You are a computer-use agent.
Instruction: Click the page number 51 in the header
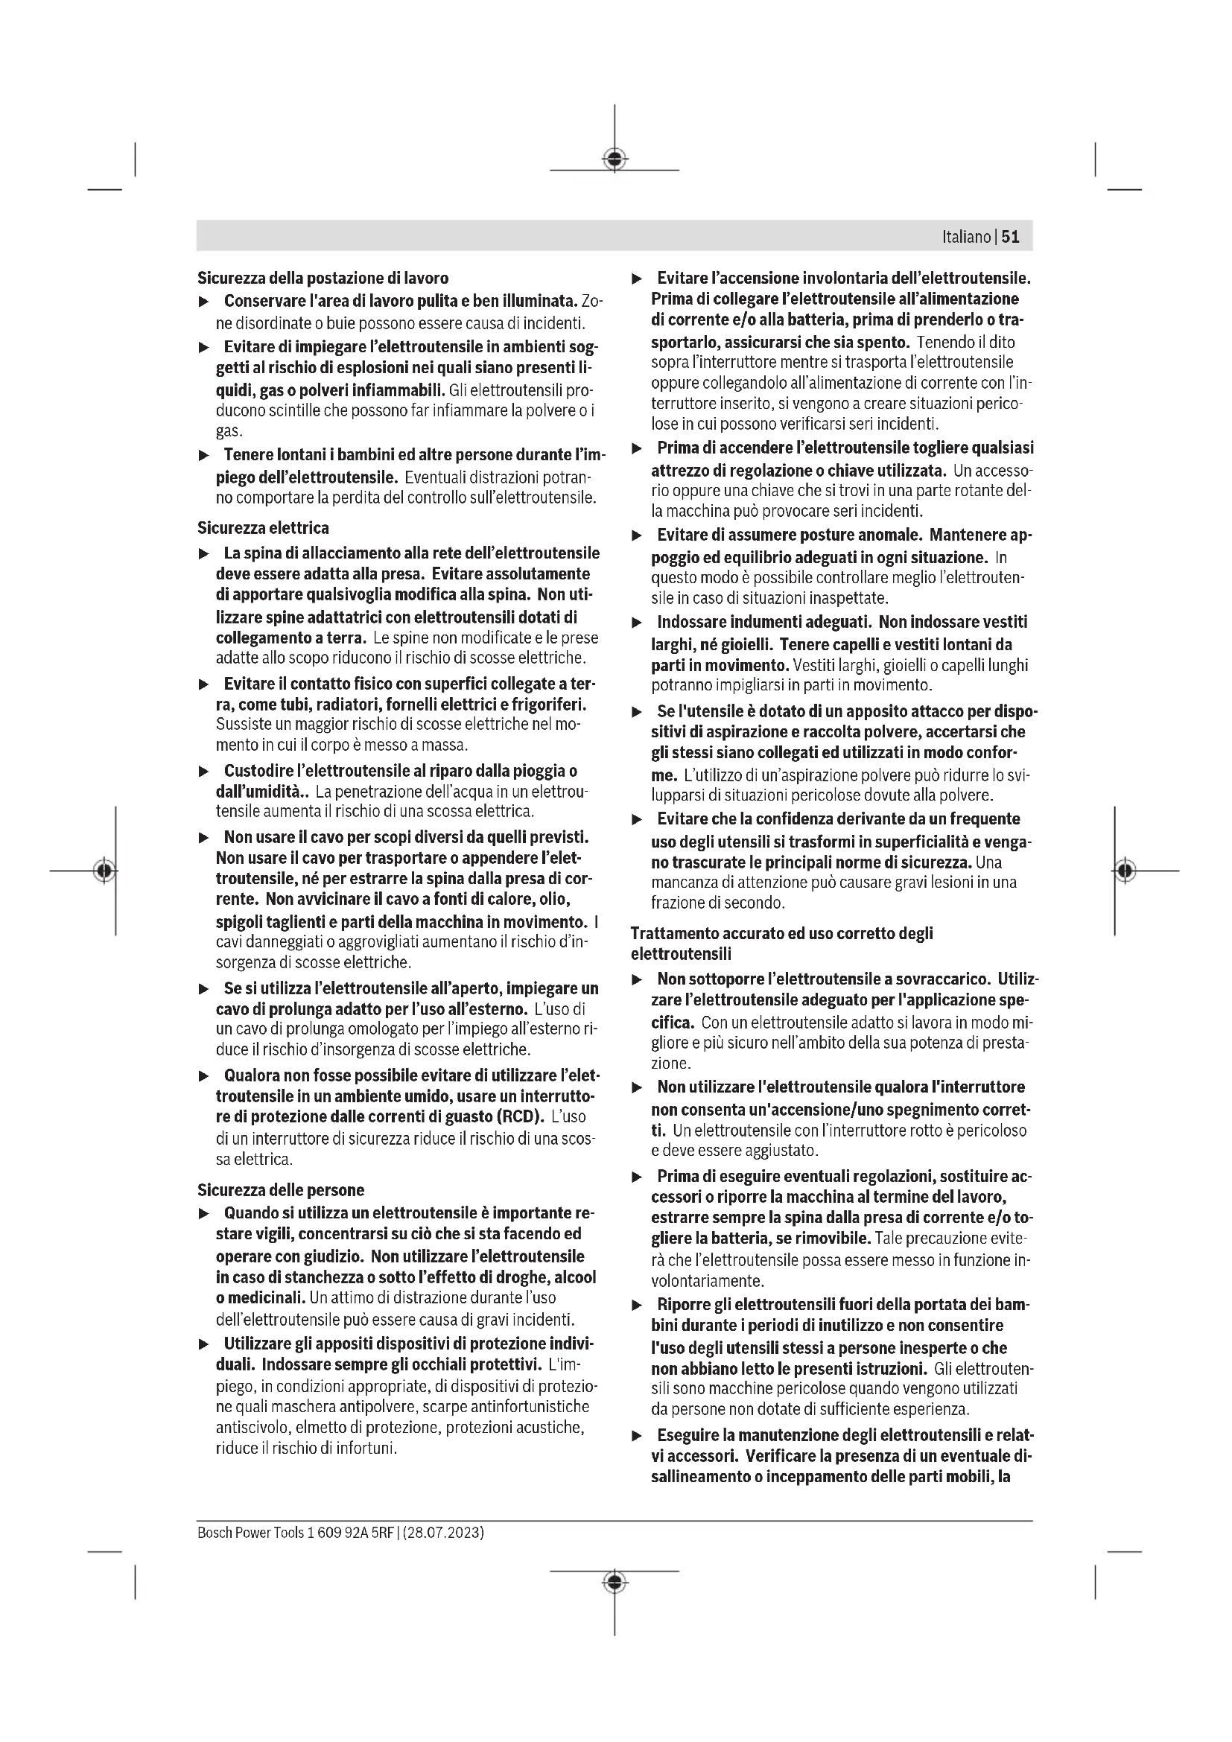coord(1011,237)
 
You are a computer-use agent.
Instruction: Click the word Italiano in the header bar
coord(966,237)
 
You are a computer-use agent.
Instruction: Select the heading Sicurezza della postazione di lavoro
coord(323,278)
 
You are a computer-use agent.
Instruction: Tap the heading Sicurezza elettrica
coord(262,527)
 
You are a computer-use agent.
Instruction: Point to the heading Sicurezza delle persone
coord(281,1189)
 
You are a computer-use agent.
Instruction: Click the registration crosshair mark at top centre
coord(615,159)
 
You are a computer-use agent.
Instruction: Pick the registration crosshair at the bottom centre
coord(615,1581)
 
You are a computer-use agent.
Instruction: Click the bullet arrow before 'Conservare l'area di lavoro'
coord(203,302)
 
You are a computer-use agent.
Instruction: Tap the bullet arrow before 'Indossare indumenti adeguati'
coord(638,623)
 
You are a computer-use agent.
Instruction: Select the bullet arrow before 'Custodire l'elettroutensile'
coord(203,772)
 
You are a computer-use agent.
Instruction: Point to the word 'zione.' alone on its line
coord(670,1063)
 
